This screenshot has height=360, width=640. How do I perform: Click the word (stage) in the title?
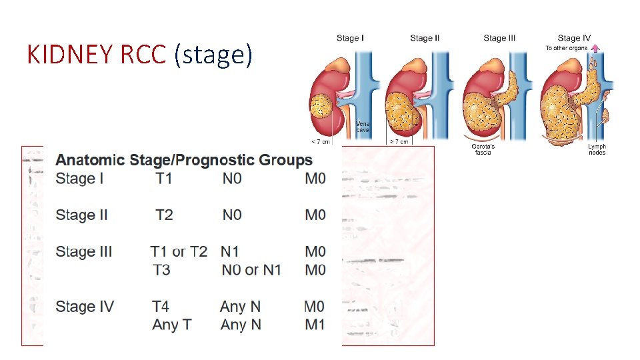(x=213, y=55)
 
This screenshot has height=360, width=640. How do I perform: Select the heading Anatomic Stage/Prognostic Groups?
(x=184, y=160)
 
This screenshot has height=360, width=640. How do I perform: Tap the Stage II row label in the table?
(x=82, y=215)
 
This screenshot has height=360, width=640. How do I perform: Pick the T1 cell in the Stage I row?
(x=164, y=179)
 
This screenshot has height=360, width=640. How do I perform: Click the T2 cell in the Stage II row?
(x=164, y=215)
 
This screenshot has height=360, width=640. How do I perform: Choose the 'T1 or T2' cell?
(x=179, y=251)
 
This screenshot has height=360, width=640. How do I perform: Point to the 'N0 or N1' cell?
(x=251, y=270)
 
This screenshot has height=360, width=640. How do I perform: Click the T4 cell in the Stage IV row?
(x=161, y=307)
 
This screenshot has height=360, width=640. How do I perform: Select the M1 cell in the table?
(x=315, y=325)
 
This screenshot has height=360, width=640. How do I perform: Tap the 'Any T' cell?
(x=172, y=325)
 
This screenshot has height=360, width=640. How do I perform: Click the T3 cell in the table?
(x=161, y=270)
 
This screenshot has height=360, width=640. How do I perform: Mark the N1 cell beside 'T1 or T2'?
(x=229, y=251)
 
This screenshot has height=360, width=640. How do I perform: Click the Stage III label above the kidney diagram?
(x=499, y=38)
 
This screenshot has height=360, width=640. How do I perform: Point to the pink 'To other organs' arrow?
(x=595, y=48)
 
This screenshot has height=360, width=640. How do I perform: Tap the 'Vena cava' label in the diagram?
(x=363, y=127)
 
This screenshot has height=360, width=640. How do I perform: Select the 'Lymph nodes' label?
(x=597, y=149)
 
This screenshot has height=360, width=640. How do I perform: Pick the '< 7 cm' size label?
(x=321, y=141)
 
